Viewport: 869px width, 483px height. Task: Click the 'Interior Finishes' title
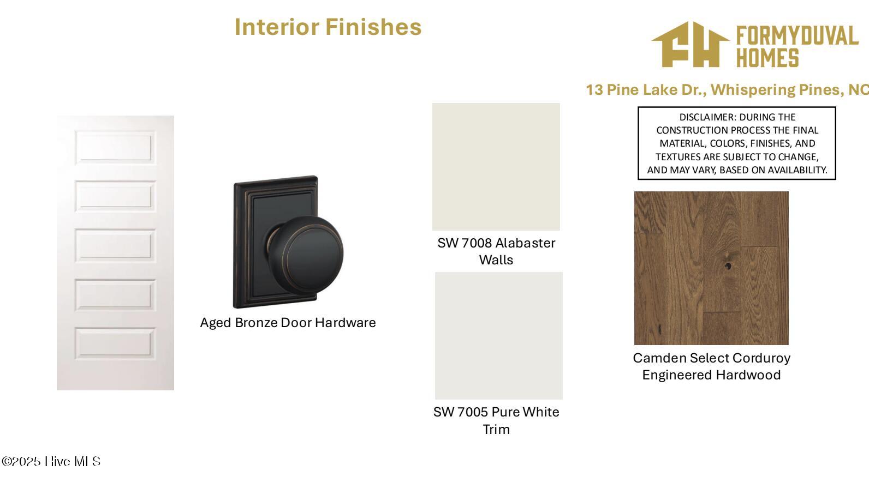[x=328, y=27]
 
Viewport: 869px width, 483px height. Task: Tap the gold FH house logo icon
[x=691, y=45]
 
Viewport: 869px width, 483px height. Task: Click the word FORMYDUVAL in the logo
[x=797, y=36]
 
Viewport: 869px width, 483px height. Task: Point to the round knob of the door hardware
[x=306, y=255]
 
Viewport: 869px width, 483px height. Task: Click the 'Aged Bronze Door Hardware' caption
[x=288, y=323]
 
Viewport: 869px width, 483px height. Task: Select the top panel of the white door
[x=115, y=147]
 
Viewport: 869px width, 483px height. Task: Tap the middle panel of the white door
[x=115, y=245]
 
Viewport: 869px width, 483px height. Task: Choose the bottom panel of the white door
[x=115, y=344]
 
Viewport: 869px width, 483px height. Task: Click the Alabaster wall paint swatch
[x=496, y=167]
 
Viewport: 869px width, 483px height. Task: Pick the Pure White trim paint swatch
[x=498, y=336]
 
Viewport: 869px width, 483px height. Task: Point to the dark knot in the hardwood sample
[x=728, y=265]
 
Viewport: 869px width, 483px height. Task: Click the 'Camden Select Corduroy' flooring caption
[x=711, y=358]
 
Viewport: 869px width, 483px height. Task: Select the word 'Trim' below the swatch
[x=496, y=430]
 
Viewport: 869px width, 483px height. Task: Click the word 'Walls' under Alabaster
[x=496, y=260]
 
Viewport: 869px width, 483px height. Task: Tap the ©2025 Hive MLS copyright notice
[x=51, y=461]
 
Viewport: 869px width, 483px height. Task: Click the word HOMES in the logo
[x=767, y=58]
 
